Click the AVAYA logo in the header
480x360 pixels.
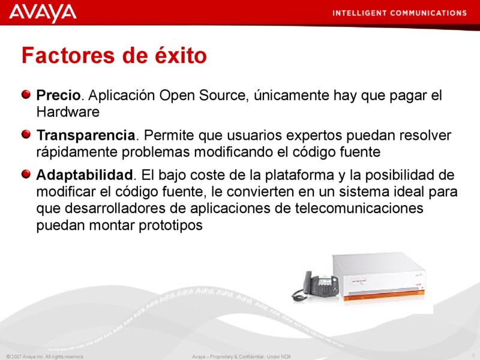click(43, 13)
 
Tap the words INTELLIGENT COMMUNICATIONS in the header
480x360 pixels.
click(399, 13)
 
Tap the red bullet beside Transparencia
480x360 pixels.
click(26, 134)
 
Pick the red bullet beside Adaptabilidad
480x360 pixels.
click(26, 175)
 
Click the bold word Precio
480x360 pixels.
click(58, 95)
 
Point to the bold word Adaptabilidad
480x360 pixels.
click(84, 176)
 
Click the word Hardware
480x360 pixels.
click(67, 112)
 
